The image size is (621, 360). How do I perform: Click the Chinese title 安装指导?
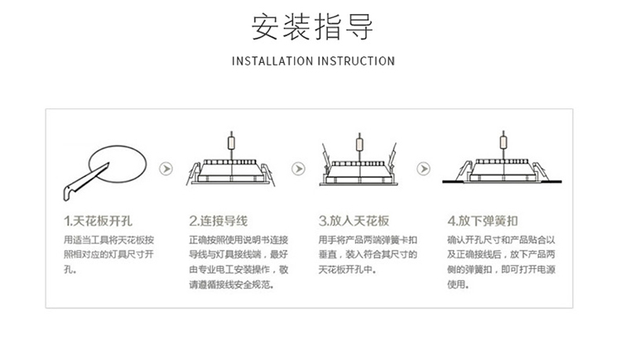pyautogui.click(x=312, y=26)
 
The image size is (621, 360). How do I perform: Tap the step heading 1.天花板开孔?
pyautogui.click(x=98, y=221)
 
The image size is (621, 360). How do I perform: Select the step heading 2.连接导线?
pyautogui.click(x=219, y=221)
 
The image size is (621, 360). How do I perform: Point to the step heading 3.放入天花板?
pyautogui.click(x=354, y=221)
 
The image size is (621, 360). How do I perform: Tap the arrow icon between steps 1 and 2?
pyautogui.click(x=166, y=169)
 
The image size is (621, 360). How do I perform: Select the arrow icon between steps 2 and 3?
pyautogui.click(x=297, y=169)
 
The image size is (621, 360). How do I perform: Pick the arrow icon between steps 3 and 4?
pyautogui.click(x=424, y=169)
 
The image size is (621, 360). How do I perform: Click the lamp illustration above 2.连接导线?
pyautogui.click(x=231, y=170)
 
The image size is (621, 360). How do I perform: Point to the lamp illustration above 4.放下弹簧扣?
pyautogui.click(x=500, y=170)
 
